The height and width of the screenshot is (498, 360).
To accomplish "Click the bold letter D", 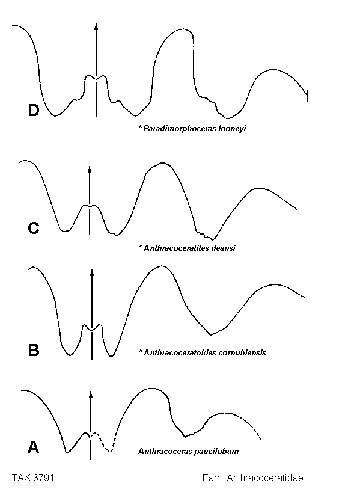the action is [33, 110].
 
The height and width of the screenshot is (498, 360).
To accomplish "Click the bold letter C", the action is [34, 228].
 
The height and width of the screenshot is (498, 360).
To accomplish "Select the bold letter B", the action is [34, 350].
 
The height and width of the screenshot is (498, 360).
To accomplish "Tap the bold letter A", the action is [33, 447].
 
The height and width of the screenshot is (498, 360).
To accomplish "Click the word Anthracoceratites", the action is [179, 248].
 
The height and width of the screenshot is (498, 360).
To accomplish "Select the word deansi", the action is [226, 248].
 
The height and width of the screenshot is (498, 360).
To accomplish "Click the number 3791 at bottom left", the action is [43, 478].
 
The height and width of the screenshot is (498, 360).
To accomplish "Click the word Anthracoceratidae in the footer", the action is [265, 478].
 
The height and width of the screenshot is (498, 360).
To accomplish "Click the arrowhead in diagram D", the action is [96, 26].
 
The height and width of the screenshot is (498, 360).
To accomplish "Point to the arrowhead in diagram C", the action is [90, 170].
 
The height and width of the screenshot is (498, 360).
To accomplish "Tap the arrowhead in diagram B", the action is [92, 273].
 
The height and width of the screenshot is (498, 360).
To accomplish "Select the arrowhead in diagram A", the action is [91, 395].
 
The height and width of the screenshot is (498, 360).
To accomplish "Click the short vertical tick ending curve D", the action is [308, 96].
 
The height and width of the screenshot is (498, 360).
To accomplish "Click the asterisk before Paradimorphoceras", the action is [139, 128].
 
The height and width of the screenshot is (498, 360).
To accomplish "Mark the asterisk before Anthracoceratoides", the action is [139, 352].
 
